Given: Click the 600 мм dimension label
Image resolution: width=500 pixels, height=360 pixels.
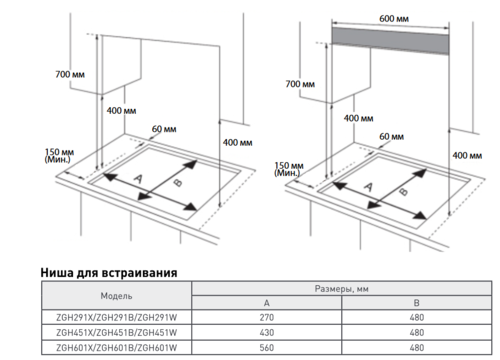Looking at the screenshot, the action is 394,18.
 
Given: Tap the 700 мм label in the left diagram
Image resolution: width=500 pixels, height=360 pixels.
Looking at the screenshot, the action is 70,74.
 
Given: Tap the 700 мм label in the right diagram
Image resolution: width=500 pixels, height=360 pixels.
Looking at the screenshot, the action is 300,84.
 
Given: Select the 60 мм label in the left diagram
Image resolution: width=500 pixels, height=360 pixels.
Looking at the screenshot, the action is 164,129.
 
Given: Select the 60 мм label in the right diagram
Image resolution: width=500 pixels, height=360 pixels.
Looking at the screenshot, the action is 391,137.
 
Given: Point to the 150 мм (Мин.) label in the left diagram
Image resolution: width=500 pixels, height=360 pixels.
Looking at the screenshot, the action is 59,156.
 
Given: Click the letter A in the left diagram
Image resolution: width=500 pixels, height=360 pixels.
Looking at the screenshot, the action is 138,179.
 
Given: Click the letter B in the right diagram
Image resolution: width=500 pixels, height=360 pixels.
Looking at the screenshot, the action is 404,191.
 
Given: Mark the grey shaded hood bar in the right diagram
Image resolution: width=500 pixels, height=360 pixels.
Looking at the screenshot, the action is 390,41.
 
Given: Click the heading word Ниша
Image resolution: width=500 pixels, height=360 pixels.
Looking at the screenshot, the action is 57,273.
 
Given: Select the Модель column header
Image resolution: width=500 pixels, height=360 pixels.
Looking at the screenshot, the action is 116,296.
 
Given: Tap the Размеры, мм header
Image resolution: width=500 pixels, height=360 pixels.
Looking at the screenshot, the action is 342,289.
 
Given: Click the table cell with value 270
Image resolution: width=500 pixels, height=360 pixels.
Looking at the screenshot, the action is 267,317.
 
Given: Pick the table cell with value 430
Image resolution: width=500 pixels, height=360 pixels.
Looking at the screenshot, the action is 267,333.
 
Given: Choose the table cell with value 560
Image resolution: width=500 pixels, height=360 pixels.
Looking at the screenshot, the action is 267,348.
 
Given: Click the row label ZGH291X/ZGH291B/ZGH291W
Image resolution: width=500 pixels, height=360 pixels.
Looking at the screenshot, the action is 117,317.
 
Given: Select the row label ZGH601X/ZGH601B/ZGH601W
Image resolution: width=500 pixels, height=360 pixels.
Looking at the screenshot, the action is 117,348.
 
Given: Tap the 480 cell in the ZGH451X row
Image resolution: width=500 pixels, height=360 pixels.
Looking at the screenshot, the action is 417,333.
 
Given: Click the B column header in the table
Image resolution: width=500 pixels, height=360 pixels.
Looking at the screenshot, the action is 417,303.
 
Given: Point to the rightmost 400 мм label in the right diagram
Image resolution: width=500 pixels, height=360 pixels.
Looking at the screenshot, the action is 467,155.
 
